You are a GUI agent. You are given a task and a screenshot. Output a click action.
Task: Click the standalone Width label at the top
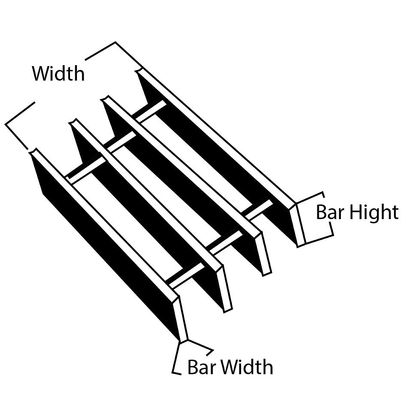click(58, 74)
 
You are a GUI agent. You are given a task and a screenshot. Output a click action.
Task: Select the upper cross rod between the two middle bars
click(121, 141)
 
